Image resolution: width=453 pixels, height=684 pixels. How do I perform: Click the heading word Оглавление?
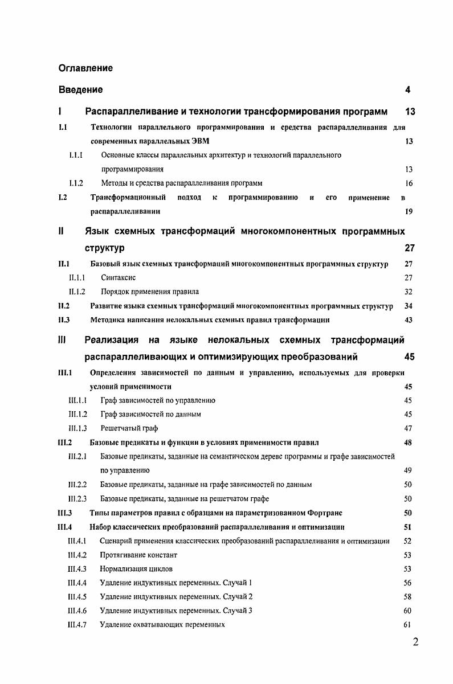[x=85, y=68]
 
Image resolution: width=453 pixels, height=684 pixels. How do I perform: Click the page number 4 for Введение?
[x=407, y=90]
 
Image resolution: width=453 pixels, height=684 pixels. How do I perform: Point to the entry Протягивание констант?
[x=138, y=555]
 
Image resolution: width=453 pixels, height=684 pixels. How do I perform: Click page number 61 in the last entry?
[x=407, y=625]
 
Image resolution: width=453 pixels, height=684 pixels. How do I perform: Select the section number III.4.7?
[x=76, y=625]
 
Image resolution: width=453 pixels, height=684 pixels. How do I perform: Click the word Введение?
[x=81, y=90]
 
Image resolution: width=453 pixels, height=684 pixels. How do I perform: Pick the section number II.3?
[x=64, y=320]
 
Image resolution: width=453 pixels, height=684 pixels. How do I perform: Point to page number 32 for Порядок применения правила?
[x=408, y=292]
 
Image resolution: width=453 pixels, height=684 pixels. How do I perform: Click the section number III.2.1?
[x=77, y=456]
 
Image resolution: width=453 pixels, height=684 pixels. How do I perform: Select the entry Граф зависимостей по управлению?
[x=157, y=400]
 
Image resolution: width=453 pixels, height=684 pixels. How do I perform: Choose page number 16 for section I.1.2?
[x=409, y=183]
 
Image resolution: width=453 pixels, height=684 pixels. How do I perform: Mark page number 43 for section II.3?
[x=408, y=320]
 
